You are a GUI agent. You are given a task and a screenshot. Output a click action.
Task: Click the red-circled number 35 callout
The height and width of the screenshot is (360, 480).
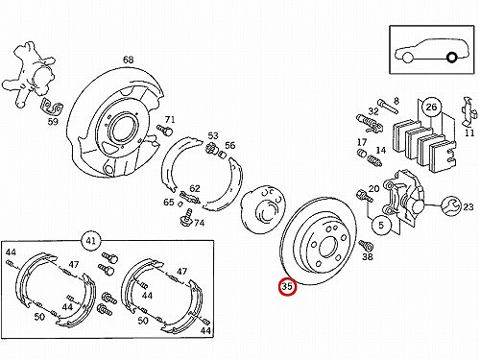(287, 287)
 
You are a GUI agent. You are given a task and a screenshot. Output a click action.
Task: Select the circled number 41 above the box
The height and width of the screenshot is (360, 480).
(91, 240)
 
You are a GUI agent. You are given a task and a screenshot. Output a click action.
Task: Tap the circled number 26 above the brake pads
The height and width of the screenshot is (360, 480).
(431, 107)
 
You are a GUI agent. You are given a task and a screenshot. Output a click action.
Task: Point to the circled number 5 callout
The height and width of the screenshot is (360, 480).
(381, 225)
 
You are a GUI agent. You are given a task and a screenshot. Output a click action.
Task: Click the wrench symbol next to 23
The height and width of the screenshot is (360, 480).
(451, 206)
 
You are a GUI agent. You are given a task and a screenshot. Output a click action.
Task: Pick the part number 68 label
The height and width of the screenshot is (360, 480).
(128, 60)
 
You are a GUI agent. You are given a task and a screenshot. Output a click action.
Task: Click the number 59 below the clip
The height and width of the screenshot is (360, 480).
(53, 122)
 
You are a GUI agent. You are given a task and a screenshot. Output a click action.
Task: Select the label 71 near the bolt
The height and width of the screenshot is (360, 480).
(170, 120)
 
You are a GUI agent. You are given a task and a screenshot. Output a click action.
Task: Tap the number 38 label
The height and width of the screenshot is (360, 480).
(368, 256)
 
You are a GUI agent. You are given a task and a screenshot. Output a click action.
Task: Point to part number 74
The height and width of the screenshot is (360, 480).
(199, 223)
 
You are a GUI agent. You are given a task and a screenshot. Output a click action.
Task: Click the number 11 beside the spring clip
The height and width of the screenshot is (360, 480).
(469, 132)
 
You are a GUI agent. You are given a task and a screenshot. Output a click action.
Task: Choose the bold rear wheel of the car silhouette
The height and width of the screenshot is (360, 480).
(451, 58)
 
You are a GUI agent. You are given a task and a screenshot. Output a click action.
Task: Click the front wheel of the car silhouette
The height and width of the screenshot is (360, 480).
(407, 58)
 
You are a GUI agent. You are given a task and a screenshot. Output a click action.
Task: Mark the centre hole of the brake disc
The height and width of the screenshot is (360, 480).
(326, 247)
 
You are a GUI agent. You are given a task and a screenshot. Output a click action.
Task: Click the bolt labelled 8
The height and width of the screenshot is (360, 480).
(388, 107)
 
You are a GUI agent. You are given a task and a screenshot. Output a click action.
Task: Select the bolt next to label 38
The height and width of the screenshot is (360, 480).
(365, 245)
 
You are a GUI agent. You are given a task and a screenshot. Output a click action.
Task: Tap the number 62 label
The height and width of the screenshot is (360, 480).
(195, 189)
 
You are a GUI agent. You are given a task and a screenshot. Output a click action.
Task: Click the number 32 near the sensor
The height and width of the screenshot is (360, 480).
(373, 111)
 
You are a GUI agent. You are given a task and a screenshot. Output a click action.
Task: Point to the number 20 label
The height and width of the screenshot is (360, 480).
(373, 189)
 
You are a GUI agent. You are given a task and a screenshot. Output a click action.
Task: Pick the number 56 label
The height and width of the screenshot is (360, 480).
(229, 145)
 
